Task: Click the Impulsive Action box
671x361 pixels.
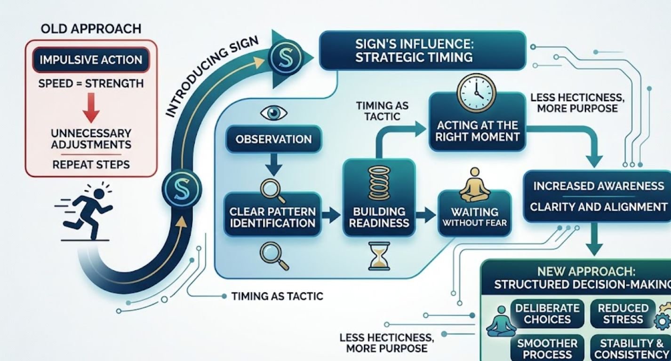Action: click(91, 60)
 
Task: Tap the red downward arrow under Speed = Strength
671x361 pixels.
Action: click(91, 111)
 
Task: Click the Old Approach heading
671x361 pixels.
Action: click(91, 29)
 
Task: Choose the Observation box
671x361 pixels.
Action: click(273, 139)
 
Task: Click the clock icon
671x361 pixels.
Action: click(477, 94)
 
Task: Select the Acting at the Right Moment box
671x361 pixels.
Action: click(477, 131)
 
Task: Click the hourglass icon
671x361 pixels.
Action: click(379, 256)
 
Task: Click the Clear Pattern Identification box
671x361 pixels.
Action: click(272, 217)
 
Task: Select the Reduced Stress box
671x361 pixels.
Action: click(623, 314)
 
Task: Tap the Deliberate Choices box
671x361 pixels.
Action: click(547, 314)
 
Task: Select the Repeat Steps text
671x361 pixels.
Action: click(91, 165)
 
